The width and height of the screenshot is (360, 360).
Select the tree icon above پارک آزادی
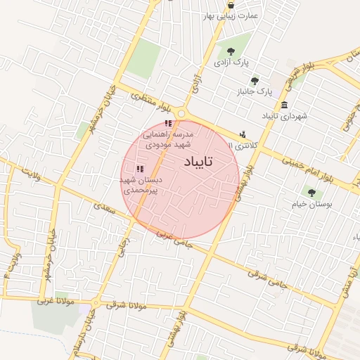(230, 50)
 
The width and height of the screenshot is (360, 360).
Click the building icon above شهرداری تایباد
(283, 105)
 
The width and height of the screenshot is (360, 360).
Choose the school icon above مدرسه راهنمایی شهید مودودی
(167, 124)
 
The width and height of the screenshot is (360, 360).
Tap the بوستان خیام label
(310, 204)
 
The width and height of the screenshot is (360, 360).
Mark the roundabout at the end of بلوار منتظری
(184, 112)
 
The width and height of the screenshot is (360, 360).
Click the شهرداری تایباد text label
(285, 115)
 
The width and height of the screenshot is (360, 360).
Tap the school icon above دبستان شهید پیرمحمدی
(139, 169)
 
